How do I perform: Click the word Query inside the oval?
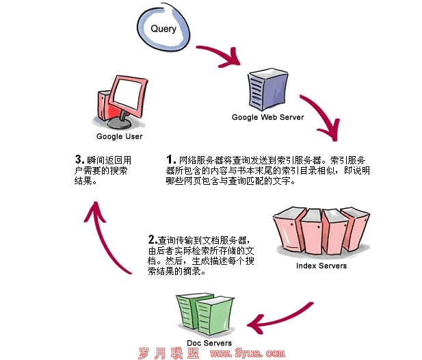click(163, 28)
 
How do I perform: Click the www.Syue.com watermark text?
click(247, 354)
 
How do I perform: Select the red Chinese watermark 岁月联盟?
click(168, 353)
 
